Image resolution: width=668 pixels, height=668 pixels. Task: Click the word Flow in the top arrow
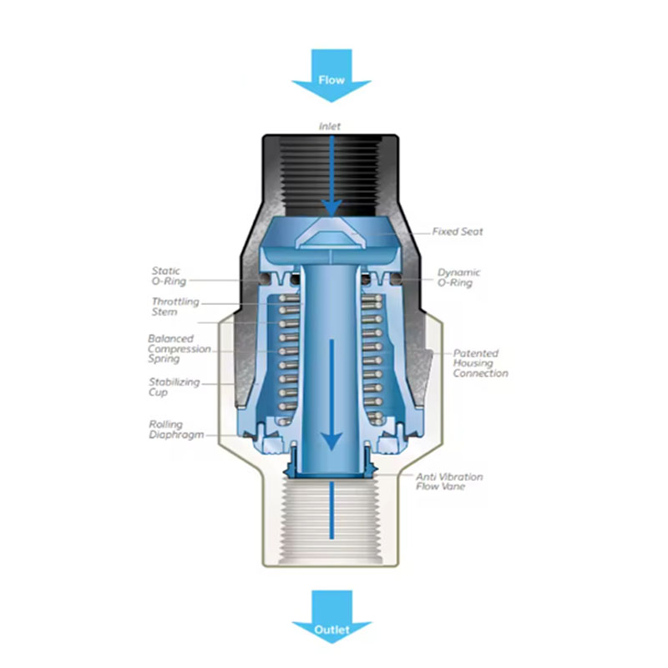[x=331, y=79]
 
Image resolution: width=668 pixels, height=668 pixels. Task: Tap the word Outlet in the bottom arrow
[x=331, y=630]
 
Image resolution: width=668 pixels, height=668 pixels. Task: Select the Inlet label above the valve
[x=330, y=126]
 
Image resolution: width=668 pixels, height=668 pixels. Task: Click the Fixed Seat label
[x=458, y=232]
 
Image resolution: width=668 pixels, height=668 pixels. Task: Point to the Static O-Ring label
[x=169, y=276]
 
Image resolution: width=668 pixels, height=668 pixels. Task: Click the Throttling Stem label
[x=175, y=306]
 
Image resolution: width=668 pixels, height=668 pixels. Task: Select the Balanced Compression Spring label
[x=180, y=349]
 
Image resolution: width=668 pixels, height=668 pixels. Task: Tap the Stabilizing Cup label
[x=174, y=387]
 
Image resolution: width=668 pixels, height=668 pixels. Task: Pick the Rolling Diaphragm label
[x=176, y=429]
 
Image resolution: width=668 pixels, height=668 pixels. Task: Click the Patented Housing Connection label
[x=480, y=363]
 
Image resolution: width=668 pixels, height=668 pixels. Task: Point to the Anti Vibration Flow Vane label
[x=449, y=482]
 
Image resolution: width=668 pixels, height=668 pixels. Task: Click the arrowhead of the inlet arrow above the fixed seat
[x=331, y=208]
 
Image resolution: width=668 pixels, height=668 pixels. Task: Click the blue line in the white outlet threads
[x=331, y=510]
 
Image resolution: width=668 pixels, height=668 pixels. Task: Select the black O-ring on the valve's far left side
[x=266, y=279]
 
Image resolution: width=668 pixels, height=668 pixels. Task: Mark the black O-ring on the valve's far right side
[x=396, y=279]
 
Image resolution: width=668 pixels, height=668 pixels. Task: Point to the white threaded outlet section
[x=331, y=520]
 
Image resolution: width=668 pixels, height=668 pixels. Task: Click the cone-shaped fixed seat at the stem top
[x=331, y=234]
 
